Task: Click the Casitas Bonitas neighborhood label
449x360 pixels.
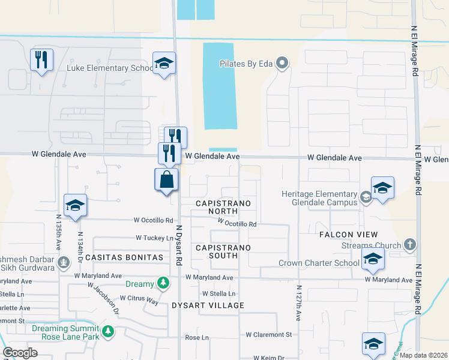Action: (x=124, y=257)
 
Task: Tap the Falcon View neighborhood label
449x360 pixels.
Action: (x=349, y=234)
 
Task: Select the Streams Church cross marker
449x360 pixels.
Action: (x=409, y=244)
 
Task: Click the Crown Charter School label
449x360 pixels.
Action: (x=319, y=263)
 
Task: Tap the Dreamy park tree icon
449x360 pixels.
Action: (x=162, y=283)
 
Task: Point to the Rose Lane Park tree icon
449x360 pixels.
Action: (x=108, y=331)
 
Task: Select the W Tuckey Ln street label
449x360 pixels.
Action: (x=154, y=238)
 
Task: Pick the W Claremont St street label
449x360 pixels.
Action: (x=268, y=334)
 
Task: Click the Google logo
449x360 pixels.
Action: (x=20, y=352)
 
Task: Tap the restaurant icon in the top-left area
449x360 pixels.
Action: (x=41, y=59)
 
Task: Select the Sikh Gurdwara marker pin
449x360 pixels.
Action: (x=64, y=262)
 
